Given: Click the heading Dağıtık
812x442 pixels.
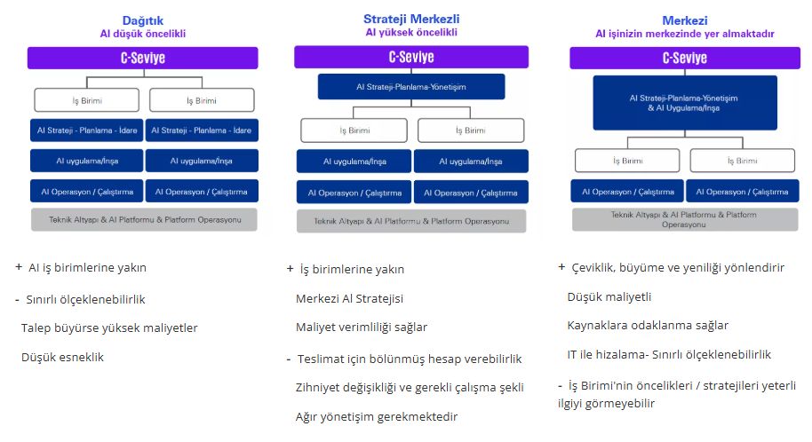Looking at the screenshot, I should (x=143, y=20).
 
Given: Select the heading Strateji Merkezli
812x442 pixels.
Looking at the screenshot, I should (x=411, y=19).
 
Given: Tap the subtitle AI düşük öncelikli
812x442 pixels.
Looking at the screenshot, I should (x=143, y=34).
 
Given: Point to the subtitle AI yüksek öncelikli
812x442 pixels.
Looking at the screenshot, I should (x=411, y=33).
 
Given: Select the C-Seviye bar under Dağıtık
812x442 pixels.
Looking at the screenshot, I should (x=143, y=58).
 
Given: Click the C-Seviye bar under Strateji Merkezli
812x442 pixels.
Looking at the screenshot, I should (x=411, y=57).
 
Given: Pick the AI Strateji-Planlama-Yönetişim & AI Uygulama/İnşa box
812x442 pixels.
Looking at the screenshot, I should (x=684, y=103).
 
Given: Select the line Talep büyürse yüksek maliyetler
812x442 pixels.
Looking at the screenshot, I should (x=109, y=328).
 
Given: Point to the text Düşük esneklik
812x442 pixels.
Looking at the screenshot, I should (x=64, y=358).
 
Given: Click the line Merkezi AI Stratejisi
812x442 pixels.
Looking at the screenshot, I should (x=349, y=298).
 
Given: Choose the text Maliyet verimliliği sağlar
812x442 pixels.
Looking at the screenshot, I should (x=362, y=328).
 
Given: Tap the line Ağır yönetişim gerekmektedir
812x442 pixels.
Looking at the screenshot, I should (x=377, y=416).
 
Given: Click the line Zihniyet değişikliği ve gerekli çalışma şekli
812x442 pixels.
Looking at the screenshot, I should (x=410, y=387).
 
